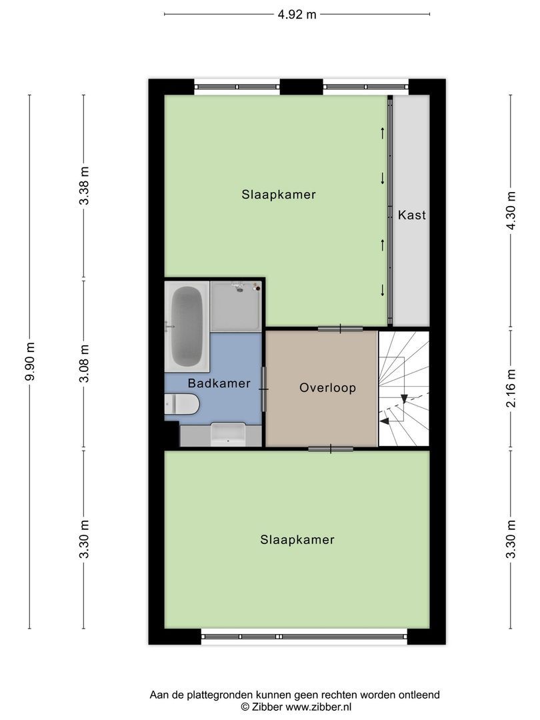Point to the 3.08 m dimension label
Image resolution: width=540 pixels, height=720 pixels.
[x=84, y=363]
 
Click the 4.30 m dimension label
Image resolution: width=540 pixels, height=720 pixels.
[x=511, y=211]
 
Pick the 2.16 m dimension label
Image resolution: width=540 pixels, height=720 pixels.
[x=511, y=388]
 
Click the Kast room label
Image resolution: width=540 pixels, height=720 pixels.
[x=411, y=215]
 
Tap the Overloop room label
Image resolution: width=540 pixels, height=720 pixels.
[x=327, y=388]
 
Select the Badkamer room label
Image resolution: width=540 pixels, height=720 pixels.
[x=219, y=383]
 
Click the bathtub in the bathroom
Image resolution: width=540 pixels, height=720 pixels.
[x=187, y=325]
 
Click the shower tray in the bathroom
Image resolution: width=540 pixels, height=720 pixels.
[x=236, y=306]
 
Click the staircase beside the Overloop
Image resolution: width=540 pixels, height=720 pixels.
[x=403, y=389]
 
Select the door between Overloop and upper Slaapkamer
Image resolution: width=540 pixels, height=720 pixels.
[x=340, y=328]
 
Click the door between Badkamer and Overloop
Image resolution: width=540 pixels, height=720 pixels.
[x=265, y=389]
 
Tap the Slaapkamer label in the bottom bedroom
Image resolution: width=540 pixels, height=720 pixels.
[x=297, y=540]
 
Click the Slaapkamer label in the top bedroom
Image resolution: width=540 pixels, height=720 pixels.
[x=279, y=195]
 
